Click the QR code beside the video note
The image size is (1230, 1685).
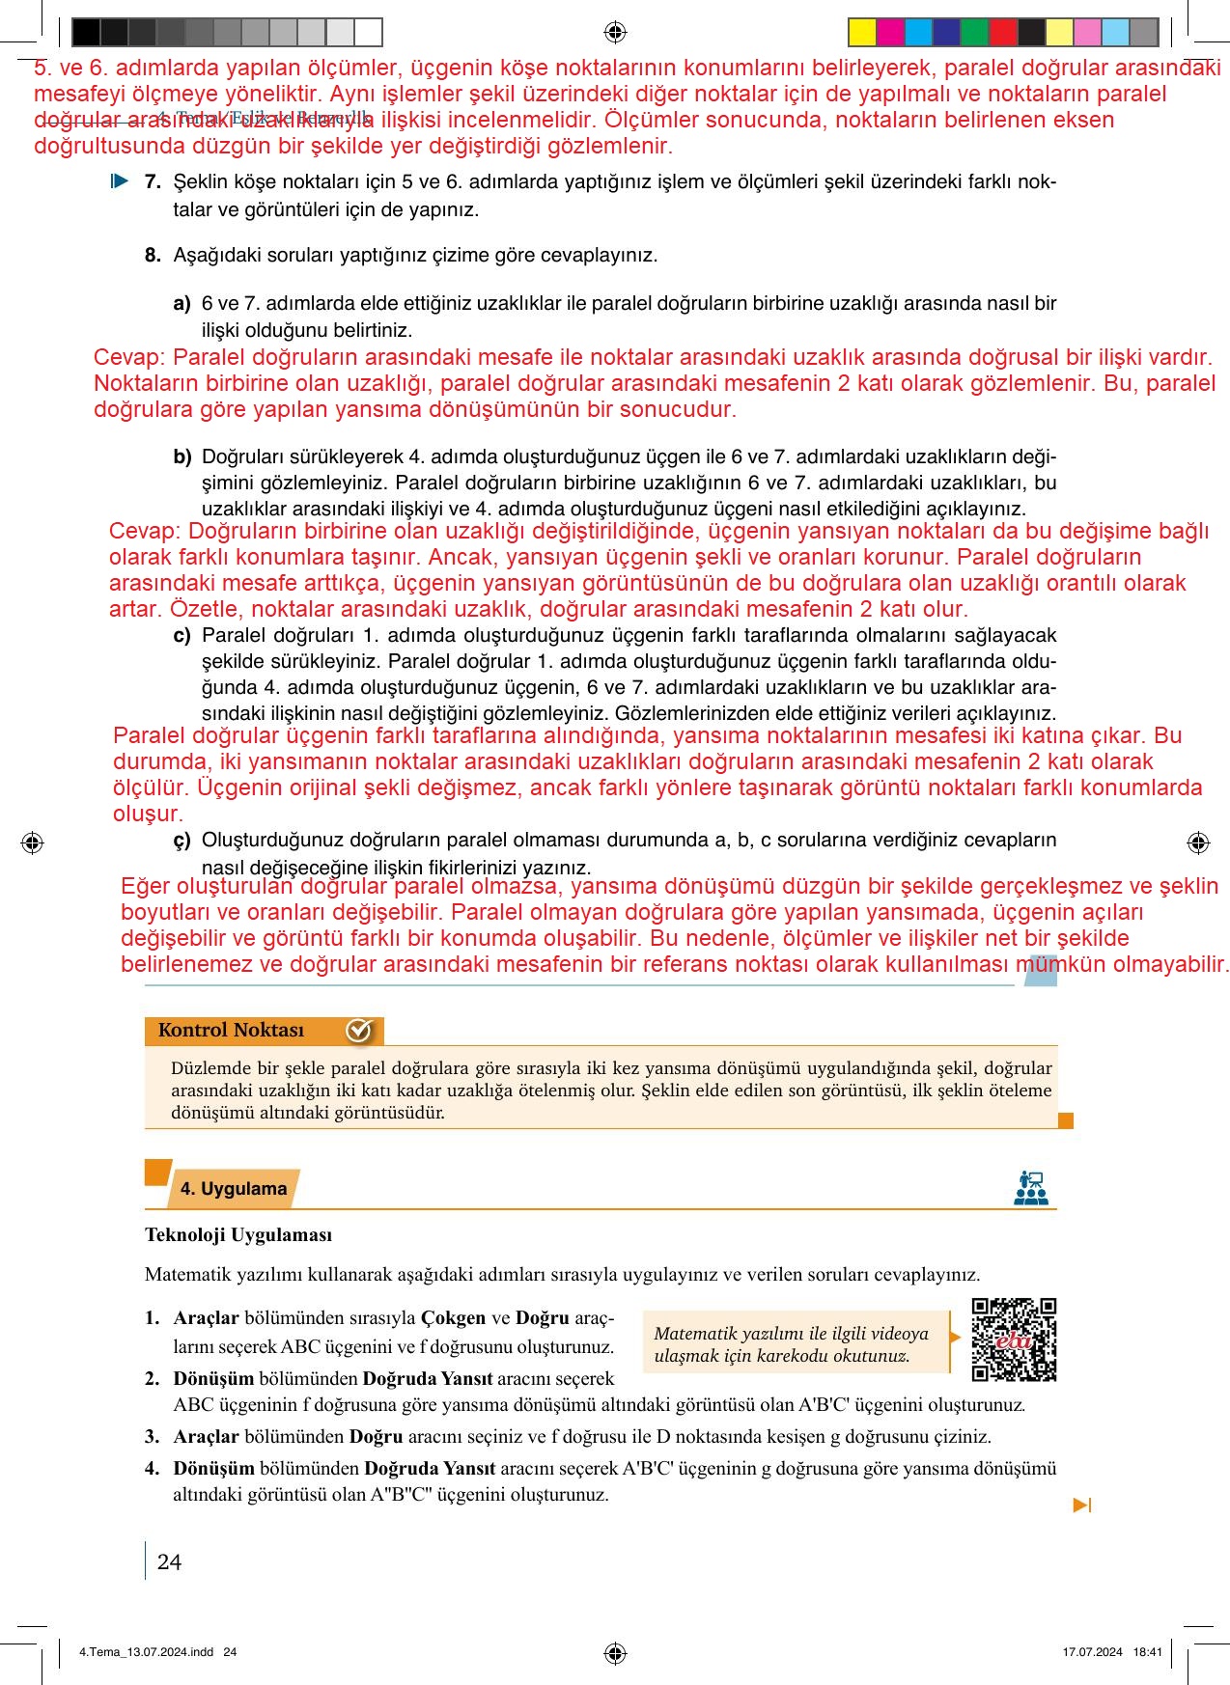click(x=1014, y=1340)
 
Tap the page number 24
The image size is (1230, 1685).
click(x=169, y=1561)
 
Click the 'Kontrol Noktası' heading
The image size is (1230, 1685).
click(x=231, y=1030)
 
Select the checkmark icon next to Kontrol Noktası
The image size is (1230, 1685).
click(x=358, y=1031)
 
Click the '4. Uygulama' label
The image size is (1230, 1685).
click(x=234, y=1188)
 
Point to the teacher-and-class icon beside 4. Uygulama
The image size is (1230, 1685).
click(x=1031, y=1187)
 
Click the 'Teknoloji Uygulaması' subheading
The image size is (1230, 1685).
click(x=238, y=1234)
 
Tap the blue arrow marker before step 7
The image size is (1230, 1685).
click(x=120, y=180)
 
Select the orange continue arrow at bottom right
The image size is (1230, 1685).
click(x=1082, y=1505)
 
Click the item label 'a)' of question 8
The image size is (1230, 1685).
click(x=182, y=303)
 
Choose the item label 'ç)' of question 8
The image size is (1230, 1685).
click(x=182, y=841)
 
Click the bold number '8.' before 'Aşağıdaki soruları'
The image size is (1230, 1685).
click(x=153, y=255)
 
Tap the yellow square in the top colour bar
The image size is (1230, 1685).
click(x=861, y=33)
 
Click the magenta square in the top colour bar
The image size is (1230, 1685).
click(x=890, y=33)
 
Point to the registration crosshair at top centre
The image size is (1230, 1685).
click(x=615, y=32)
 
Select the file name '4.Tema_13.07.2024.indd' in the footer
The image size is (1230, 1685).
click(x=146, y=1651)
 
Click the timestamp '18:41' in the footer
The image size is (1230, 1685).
click(x=1147, y=1651)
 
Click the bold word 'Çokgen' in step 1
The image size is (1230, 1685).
click(x=453, y=1317)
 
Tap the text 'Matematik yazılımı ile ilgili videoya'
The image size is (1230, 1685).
click(x=791, y=1333)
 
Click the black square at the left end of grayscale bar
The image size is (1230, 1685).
click(x=86, y=33)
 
